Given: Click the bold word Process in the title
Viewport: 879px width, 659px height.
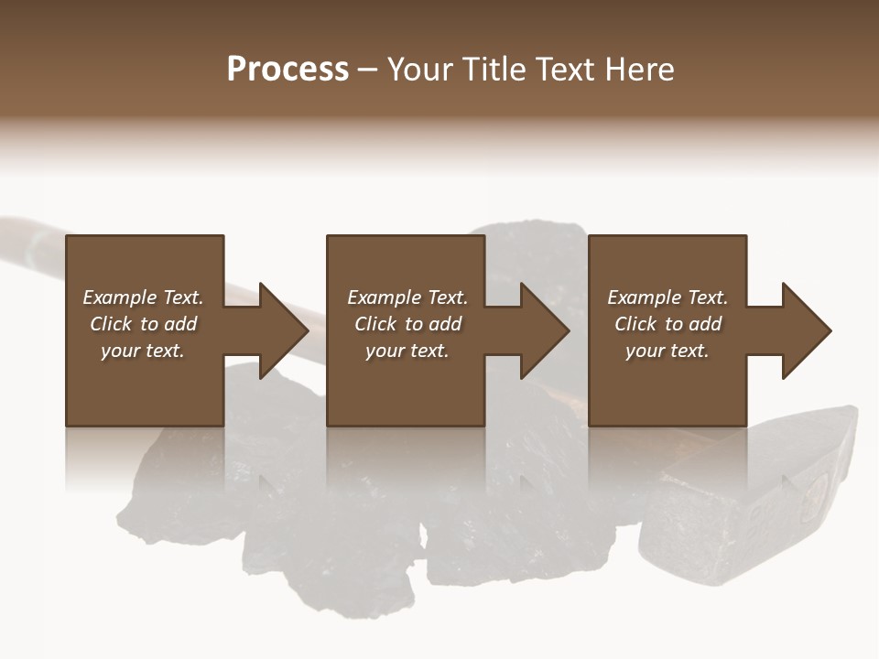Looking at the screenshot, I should pos(288,70).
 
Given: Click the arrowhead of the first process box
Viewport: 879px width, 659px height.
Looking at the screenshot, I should pos(282,330).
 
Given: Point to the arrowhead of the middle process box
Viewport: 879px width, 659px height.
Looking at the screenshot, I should pos(543,330).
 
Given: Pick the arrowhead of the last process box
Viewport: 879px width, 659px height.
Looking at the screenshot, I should pos(805,330).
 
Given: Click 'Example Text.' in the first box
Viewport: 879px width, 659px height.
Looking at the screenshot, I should pos(143,297).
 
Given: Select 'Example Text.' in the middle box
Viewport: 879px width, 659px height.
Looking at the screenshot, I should pos(407,297).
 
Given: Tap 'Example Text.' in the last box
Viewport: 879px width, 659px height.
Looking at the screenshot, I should pos(667,297).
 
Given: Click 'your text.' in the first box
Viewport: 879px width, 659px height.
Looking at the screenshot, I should pos(143,351).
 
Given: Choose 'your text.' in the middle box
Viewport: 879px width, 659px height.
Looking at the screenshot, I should pos(407,351).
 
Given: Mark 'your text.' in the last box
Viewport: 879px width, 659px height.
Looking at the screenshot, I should pos(667,351).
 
